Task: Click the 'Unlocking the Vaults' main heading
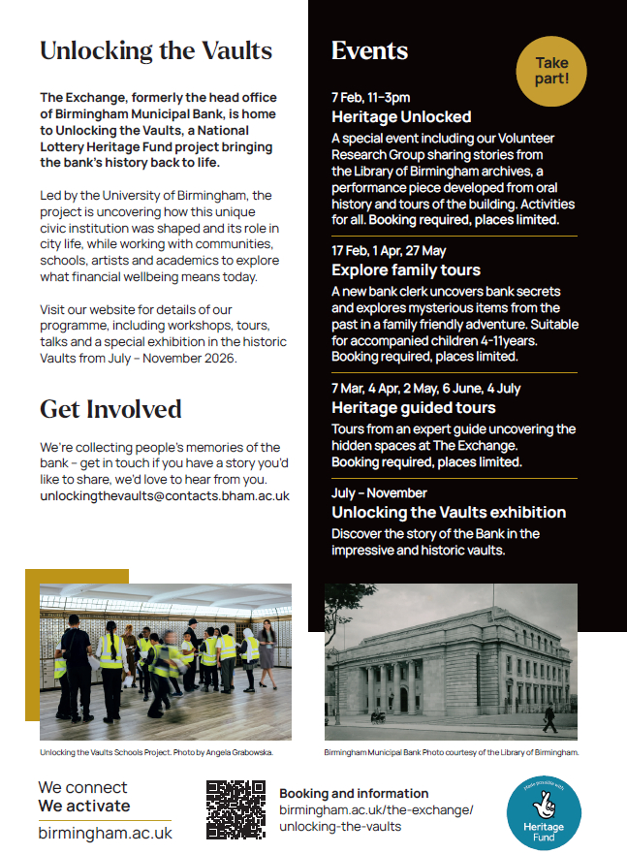point(156,50)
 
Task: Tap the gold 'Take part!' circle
point(551,72)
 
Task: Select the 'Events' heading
point(369,51)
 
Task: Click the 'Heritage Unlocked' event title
point(401,117)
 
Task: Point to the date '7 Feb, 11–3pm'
point(370,97)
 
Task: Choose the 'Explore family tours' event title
point(406,269)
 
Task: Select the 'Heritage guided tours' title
point(413,407)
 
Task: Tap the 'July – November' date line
point(379,492)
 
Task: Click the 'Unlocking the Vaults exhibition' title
point(449,512)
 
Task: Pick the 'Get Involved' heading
point(110,409)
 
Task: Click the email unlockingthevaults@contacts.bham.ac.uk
point(165,495)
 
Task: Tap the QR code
point(235,808)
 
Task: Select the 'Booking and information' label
point(354,793)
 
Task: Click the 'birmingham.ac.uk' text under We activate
point(105,833)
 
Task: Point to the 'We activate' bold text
point(84,806)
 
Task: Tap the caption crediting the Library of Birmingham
point(451,752)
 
